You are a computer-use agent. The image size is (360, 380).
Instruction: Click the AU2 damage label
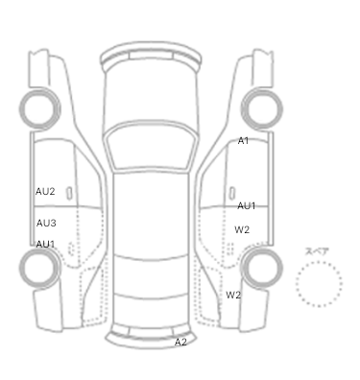45,191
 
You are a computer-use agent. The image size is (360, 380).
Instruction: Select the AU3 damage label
46,223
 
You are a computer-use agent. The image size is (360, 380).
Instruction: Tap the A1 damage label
243,140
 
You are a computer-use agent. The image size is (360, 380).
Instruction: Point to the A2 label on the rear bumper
180,342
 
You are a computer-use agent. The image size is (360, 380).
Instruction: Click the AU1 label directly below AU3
45,244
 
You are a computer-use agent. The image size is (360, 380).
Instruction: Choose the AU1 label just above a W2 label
246,206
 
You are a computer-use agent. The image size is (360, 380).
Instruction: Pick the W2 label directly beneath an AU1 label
242,229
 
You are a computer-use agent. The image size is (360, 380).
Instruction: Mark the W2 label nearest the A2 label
233,295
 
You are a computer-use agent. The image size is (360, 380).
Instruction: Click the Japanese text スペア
317,251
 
